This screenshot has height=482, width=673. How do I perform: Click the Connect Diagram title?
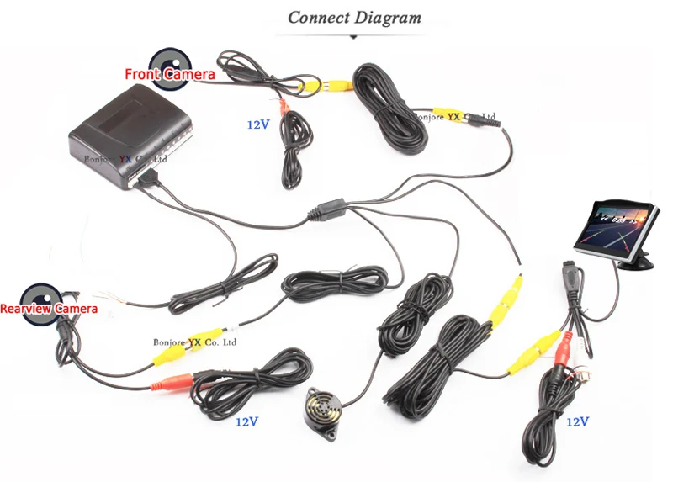[354, 18]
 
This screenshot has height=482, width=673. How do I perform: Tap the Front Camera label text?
[170, 75]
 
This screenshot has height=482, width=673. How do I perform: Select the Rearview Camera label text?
[49, 310]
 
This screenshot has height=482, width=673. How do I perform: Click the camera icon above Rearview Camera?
[37, 295]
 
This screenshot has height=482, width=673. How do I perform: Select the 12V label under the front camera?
[258, 124]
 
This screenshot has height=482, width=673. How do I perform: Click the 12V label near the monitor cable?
[578, 421]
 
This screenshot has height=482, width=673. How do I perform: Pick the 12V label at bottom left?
[246, 419]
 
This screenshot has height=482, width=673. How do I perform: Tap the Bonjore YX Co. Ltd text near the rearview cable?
[196, 342]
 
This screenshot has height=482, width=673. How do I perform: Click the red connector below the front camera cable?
[285, 108]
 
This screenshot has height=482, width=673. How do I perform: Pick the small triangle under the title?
[354, 37]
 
